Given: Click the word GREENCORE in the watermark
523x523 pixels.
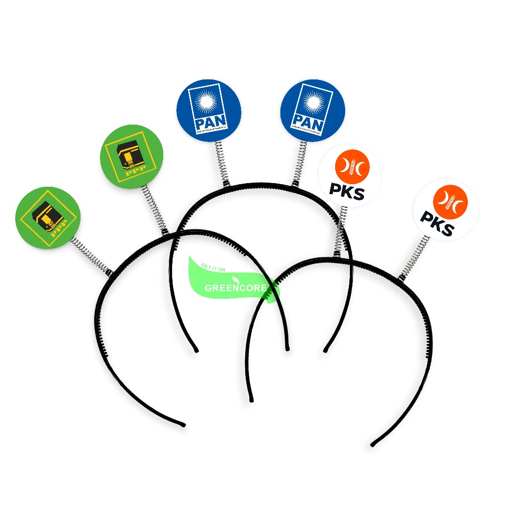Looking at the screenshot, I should click(x=234, y=288).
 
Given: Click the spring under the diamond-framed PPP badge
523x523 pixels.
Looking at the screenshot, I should click(x=90, y=255).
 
